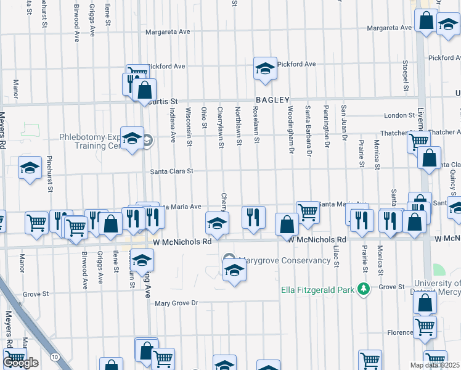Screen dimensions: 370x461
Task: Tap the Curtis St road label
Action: click(x=163, y=101)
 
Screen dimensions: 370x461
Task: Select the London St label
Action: click(x=399, y=115)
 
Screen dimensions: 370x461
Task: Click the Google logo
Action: click(x=20, y=363)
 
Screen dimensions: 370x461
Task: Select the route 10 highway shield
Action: click(x=55, y=357)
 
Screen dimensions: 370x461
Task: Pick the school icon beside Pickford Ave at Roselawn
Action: click(x=265, y=68)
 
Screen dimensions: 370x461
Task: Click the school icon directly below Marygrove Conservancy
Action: click(x=234, y=270)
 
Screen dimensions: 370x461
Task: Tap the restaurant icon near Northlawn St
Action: click(x=253, y=217)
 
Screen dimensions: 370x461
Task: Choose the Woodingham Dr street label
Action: click(x=290, y=129)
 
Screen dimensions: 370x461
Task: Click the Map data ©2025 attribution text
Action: click(x=435, y=365)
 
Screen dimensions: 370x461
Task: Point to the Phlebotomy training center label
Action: click(x=99, y=142)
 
